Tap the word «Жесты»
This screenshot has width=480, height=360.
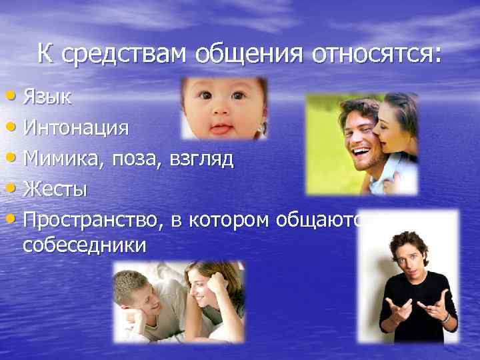click(55, 189)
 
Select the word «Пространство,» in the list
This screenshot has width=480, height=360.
click(89, 221)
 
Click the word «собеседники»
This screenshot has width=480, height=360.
click(84, 245)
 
